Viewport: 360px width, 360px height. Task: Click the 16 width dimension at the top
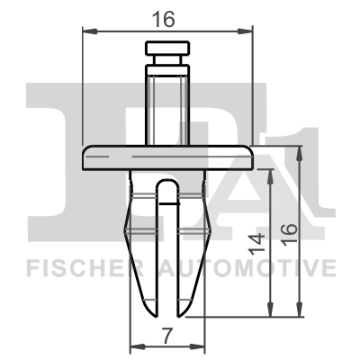point(167,17)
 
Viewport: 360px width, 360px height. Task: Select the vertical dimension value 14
point(258,243)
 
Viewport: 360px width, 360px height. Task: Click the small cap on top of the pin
point(167,49)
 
